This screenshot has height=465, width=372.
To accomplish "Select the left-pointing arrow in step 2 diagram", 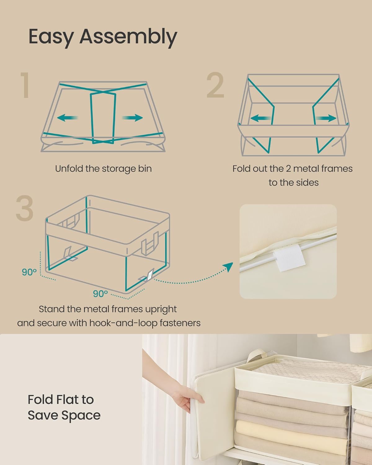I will click(x=260, y=118).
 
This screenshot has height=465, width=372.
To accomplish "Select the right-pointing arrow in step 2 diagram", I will click(x=326, y=118).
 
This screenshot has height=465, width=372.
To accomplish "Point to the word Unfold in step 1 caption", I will click(x=69, y=169).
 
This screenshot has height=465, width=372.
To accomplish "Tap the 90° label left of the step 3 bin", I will click(x=29, y=272).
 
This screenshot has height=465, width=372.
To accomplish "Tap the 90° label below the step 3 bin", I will click(x=100, y=293).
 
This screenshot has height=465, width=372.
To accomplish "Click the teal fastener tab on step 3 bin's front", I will click(x=150, y=275).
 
